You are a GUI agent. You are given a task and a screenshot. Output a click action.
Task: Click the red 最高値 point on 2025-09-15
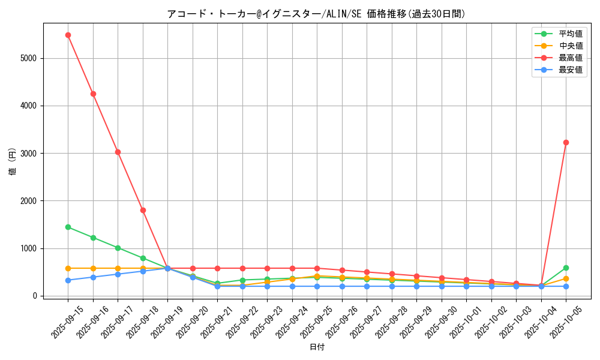click(x=68, y=35)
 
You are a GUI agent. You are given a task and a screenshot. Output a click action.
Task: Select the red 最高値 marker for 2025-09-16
click(x=93, y=94)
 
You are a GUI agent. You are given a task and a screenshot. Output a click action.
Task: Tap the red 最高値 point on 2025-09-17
click(x=118, y=152)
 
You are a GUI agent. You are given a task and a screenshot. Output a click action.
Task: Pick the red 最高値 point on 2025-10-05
click(x=566, y=142)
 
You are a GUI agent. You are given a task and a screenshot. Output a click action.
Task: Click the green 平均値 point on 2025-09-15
click(x=68, y=227)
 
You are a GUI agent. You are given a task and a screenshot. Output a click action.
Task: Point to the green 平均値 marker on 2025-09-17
click(x=118, y=248)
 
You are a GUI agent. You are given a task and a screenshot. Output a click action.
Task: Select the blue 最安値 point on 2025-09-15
click(x=68, y=280)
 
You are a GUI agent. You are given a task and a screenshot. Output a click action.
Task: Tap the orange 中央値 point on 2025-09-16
click(x=93, y=268)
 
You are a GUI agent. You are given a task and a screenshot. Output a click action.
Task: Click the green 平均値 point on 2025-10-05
click(x=566, y=268)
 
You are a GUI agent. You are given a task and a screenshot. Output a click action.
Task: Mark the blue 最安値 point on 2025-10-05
click(x=566, y=286)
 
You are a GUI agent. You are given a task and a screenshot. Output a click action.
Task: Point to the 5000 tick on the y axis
click(x=29, y=58)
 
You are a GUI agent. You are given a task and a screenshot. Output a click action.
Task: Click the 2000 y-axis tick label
click(x=29, y=201)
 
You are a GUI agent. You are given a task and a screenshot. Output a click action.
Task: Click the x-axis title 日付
click(x=317, y=347)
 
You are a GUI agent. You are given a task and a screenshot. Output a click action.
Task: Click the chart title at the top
click(x=316, y=14)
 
